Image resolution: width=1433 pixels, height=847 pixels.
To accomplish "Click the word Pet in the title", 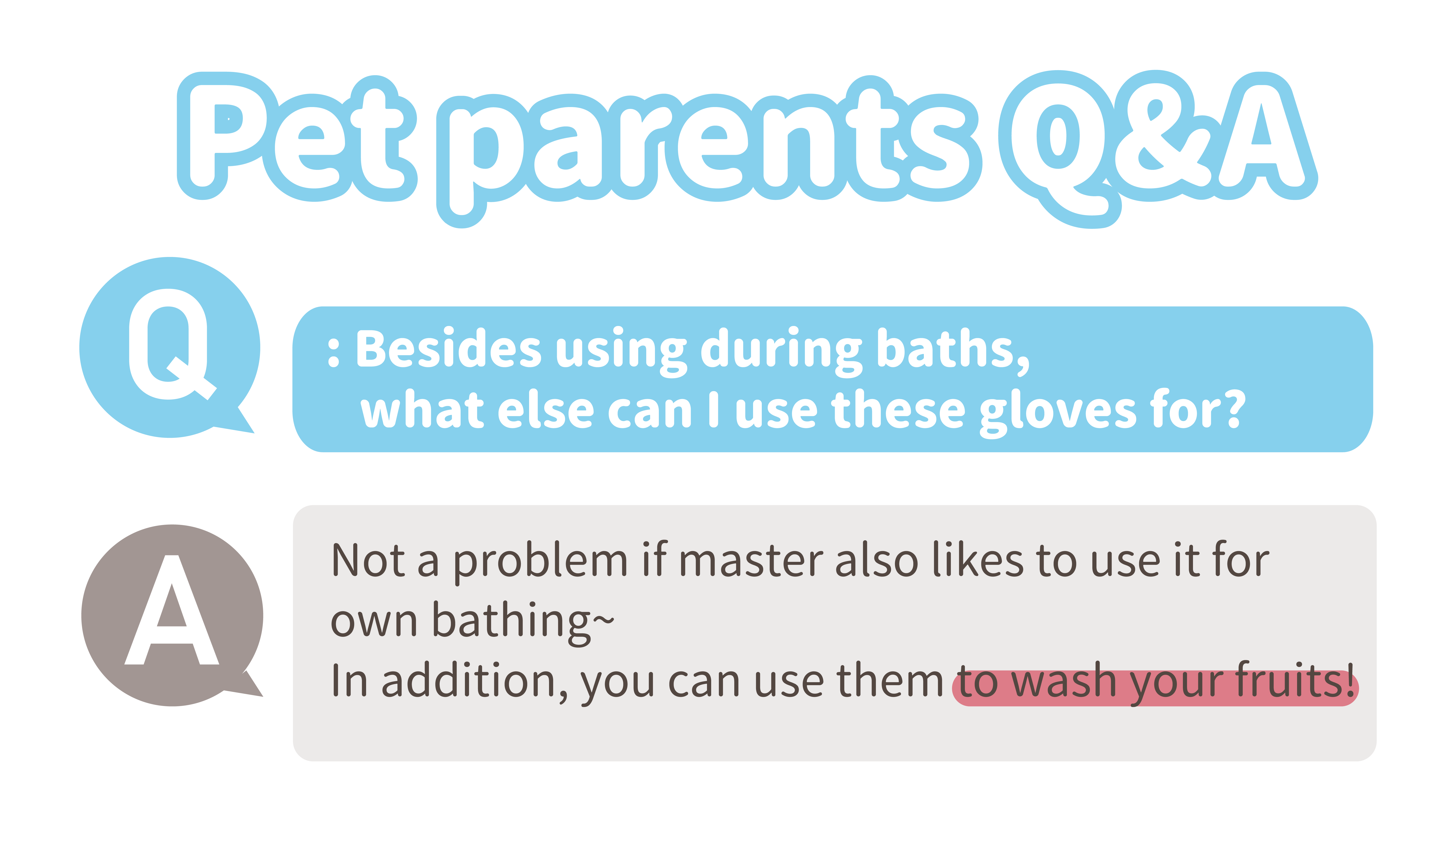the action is pos(297,137).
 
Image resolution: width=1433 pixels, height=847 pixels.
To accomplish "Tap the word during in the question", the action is pos(781,351).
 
